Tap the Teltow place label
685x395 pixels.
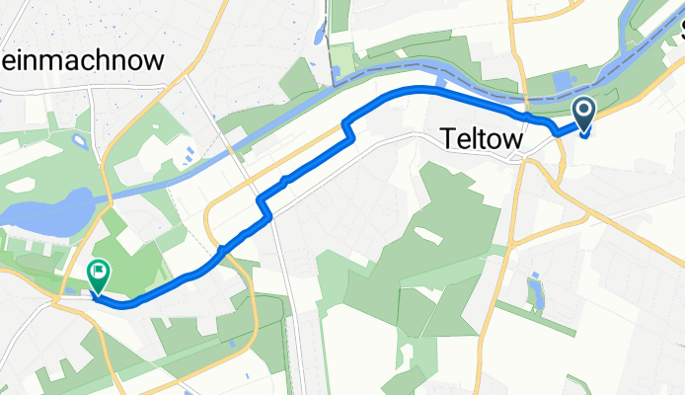[479, 142]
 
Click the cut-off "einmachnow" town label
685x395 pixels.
[83, 61]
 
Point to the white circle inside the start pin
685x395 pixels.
[583, 109]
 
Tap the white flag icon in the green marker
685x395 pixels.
[100, 269]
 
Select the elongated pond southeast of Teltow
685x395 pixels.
[535, 292]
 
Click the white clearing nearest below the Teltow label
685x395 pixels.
[425, 235]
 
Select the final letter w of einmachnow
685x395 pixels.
[155, 61]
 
